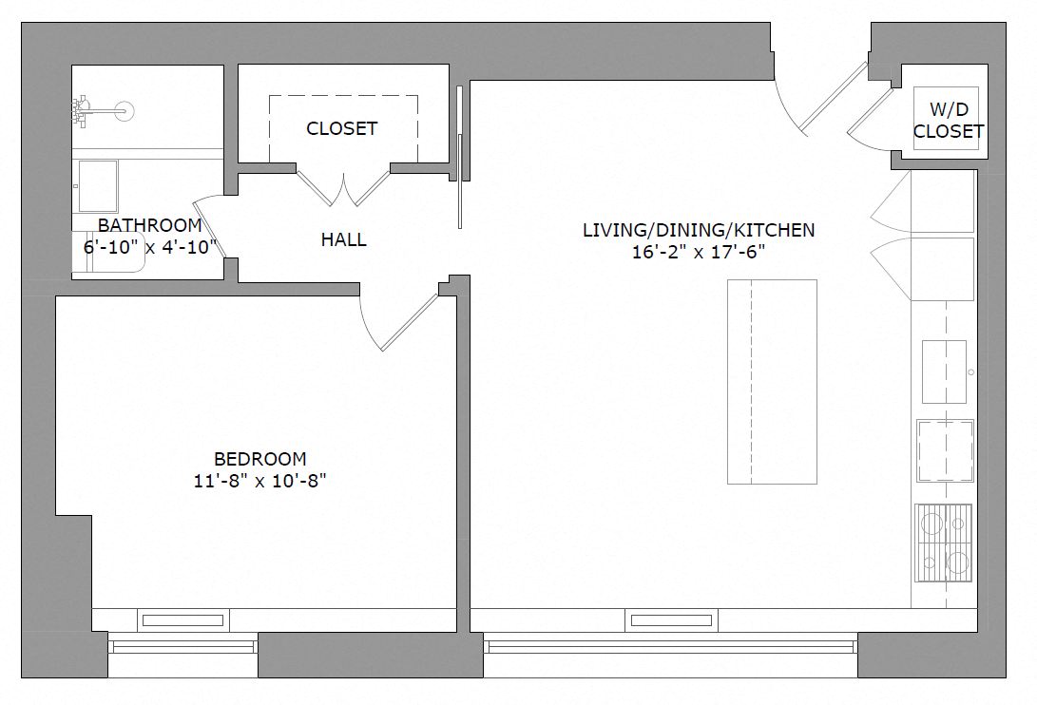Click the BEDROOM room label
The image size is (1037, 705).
point(259,459)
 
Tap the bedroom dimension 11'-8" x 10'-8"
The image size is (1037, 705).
point(259,481)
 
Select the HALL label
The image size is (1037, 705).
point(343,240)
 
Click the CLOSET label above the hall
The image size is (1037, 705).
point(341,128)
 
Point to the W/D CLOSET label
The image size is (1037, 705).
point(948,122)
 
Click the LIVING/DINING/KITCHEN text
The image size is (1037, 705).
point(699,230)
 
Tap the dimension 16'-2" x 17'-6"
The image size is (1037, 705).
point(699,253)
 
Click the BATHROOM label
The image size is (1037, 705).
point(149,225)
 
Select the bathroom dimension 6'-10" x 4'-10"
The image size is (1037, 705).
point(149,246)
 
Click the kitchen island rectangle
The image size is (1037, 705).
point(772,381)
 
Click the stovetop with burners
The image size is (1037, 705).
point(943,542)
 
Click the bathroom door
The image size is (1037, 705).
point(207,228)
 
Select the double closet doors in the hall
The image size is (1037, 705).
point(343,186)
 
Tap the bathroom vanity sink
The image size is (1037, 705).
point(97,185)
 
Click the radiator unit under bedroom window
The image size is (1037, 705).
point(183,620)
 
